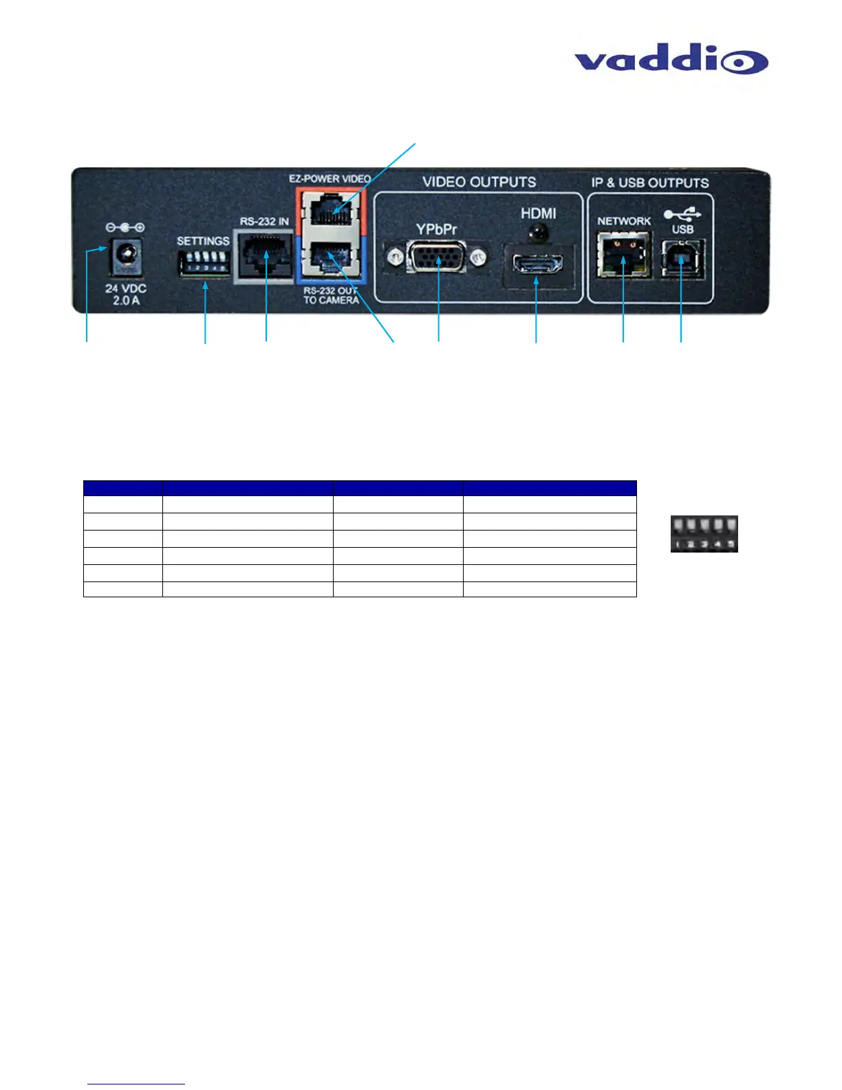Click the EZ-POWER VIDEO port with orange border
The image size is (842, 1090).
tap(331, 209)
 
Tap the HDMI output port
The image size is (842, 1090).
tap(536, 263)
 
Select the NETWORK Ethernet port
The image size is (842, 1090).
tap(623, 255)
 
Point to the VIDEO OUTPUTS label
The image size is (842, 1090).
tap(479, 182)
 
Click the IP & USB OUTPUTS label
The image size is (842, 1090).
tap(650, 183)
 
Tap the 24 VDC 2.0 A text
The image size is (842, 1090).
tap(125, 295)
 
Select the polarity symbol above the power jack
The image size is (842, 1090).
tap(125, 227)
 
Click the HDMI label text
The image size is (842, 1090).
tap(538, 214)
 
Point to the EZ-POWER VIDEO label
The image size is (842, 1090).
tap(330, 178)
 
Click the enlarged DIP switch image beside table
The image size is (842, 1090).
tap(704, 534)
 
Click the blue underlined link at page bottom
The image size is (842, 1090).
tap(136, 1084)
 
